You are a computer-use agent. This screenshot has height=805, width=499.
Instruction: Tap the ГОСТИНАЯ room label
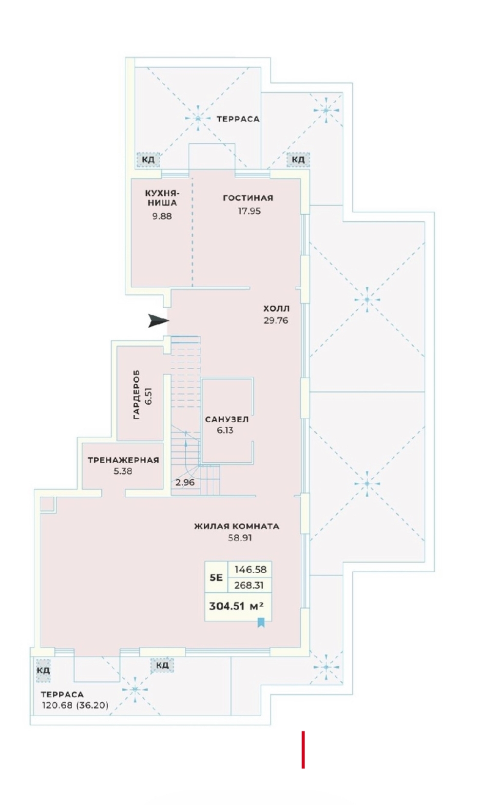[248, 198]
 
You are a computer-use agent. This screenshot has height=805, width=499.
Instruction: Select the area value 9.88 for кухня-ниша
[162, 216]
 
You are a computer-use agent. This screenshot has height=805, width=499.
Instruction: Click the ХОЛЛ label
[276, 308]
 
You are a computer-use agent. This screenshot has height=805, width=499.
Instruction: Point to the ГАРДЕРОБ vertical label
[136, 394]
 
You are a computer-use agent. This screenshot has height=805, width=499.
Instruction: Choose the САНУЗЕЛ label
[227, 419]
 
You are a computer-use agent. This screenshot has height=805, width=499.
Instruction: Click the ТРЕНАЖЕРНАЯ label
[123, 460]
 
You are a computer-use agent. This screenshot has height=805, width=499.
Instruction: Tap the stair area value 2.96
[185, 482]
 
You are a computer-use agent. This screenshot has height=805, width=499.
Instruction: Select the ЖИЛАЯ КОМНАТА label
[237, 526]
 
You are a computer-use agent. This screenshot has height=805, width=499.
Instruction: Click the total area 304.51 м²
[236, 606]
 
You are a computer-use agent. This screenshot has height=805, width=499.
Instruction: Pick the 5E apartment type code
[216, 578]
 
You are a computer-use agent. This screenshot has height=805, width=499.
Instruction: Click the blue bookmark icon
[261, 622]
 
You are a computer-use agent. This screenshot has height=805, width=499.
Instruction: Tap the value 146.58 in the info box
[250, 569]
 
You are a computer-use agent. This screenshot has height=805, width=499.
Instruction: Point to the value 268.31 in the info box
[249, 585]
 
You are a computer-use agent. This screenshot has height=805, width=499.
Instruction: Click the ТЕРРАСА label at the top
[238, 119]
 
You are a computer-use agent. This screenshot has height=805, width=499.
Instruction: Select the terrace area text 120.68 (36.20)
[75, 705]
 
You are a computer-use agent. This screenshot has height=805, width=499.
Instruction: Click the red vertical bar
[303, 749]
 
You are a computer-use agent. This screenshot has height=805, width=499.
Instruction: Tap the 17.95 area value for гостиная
[249, 211]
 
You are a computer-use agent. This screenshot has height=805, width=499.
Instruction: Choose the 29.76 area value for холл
[276, 320]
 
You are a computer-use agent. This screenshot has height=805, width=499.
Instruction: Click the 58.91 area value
[240, 538]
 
